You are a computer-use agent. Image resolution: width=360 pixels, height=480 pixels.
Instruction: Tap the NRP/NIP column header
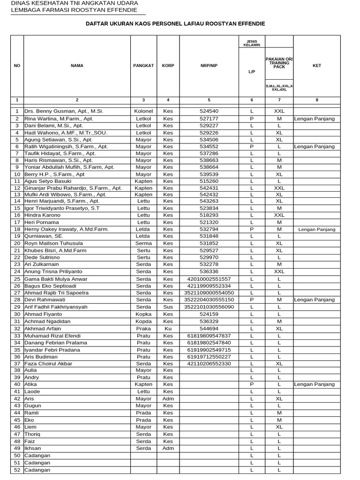click(209, 66)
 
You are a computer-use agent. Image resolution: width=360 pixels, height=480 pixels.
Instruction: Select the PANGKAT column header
click(143, 66)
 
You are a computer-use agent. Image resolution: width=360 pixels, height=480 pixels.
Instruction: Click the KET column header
click(317, 66)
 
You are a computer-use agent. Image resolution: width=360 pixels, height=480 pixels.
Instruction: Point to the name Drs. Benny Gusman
click(64, 112)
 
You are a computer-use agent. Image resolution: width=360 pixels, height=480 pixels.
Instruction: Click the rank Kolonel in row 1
click(143, 112)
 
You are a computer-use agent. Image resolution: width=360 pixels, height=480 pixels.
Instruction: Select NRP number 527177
click(209, 119)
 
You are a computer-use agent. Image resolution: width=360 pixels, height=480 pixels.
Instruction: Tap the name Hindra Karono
click(42, 215)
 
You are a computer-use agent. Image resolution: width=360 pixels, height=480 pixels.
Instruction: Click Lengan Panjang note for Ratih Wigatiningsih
click(314, 147)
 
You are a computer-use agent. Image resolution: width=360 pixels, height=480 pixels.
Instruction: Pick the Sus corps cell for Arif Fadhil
click(168, 307)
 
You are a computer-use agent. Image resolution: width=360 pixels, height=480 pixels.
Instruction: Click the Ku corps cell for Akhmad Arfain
click(168, 329)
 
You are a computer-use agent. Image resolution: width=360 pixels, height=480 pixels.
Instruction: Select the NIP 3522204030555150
click(209, 300)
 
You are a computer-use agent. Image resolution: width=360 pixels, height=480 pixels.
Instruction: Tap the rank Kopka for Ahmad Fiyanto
click(143, 314)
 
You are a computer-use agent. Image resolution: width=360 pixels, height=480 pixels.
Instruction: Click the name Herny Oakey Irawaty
click(67, 229)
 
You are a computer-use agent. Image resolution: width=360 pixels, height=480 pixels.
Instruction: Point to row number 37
click(17, 363)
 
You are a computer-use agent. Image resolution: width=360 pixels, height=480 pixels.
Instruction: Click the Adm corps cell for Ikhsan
click(168, 448)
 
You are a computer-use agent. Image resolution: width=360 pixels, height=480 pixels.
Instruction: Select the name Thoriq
click(32, 434)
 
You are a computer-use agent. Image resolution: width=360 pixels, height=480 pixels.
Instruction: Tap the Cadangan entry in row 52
click(37, 470)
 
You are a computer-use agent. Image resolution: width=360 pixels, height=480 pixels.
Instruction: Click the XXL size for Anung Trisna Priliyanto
click(279, 271)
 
